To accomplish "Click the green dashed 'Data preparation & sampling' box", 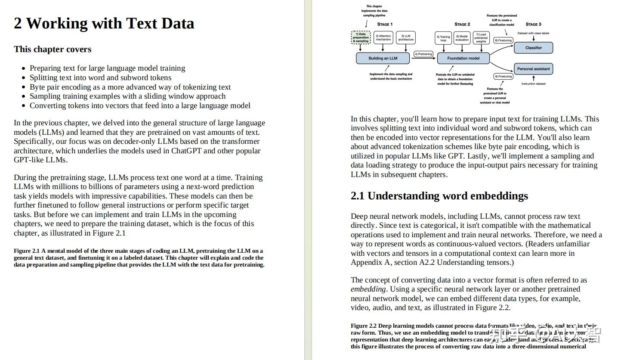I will tap(361, 37).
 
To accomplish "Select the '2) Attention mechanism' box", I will tap(383, 37).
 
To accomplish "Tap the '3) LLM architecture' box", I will tap(405, 37).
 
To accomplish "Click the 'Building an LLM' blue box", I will tap(383, 58).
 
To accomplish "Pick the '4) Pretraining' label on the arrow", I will tap(423, 54).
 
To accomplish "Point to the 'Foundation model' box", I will tap(463, 58).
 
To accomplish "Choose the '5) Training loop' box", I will tap(443, 38).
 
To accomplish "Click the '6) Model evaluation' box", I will tap(462, 38).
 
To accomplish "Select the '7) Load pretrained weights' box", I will tap(481, 38).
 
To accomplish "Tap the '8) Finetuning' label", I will tap(503, 40).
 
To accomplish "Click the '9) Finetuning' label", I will tap(503, 77).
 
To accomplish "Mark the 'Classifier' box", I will tap(533, 48).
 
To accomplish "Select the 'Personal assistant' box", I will tap(533, 69).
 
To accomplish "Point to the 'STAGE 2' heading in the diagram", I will tap(462, 24).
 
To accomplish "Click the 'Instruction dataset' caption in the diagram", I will tap(533, 84).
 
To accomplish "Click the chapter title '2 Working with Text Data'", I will tap(104, 23).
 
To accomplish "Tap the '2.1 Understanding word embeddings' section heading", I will tap(439, 196).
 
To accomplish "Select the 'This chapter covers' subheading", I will tap(53, 49).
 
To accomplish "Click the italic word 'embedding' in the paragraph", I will tap(368, 289).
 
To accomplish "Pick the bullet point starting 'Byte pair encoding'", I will tap(130, 87).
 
